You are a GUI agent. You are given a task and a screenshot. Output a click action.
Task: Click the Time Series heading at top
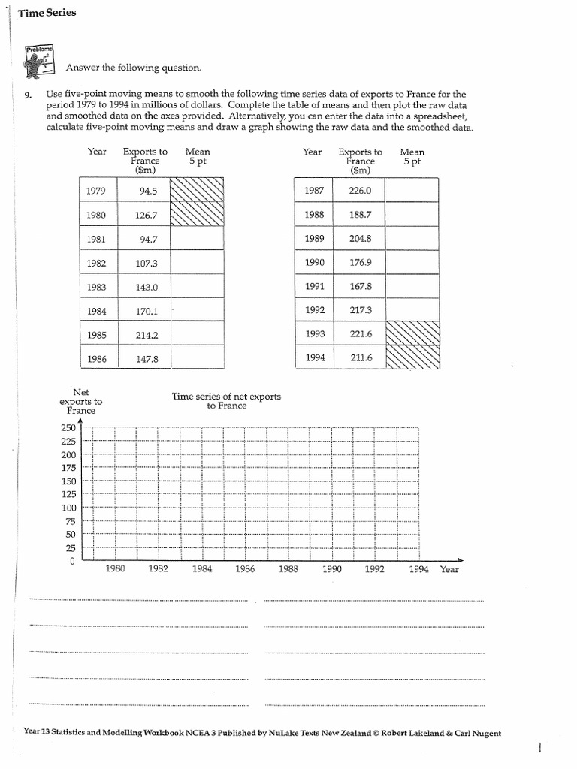click(47, 14)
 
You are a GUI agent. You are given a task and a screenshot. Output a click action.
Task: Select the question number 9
click(28, 95)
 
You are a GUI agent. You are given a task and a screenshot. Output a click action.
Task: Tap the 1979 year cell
click(95, 191)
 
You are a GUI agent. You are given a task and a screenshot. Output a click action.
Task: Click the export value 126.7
click(147, 215)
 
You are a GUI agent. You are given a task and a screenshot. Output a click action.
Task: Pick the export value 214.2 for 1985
click(147, 335)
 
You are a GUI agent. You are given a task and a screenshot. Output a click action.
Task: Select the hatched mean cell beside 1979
click(197, 191)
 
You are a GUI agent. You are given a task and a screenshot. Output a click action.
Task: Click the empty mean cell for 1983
click(197, 287)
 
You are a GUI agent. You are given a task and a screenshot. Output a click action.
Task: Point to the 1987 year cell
click(314, 191)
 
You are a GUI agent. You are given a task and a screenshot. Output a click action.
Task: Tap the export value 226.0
click(361, 191)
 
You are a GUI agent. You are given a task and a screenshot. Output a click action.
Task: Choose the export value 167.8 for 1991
click(361, 286)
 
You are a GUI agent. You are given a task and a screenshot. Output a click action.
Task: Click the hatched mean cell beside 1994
click(412, 357)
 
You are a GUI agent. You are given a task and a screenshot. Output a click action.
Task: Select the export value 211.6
click(361, 357)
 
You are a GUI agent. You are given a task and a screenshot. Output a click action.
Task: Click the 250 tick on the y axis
click(68, 428)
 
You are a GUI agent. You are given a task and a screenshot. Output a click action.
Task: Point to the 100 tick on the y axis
click(68, 508)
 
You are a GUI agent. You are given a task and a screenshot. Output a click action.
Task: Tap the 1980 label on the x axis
click(115, 569)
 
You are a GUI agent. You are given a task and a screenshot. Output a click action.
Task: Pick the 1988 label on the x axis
click(288, 569)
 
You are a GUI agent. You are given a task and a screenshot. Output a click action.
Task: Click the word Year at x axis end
click(449, 569)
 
